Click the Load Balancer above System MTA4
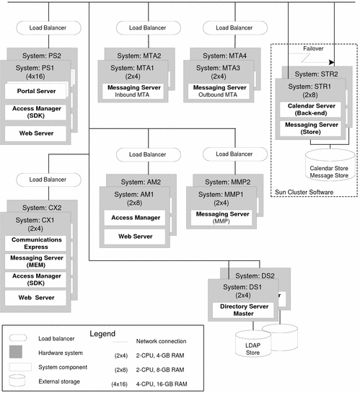tap(227, 28)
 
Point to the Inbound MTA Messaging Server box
tap(142, 91)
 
